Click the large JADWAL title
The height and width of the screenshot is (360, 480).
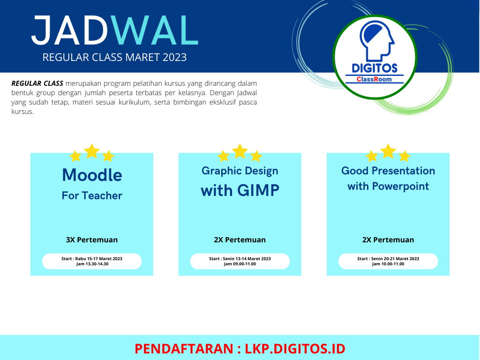click(115, 30)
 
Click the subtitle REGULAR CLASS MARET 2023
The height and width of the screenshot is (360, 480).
click(114, 57)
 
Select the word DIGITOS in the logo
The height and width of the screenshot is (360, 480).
click(375, 68)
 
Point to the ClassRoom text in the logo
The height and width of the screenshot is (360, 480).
click(374, 79)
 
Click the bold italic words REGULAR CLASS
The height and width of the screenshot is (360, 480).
click(37, 83)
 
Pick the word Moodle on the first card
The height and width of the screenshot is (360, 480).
click(92, 175)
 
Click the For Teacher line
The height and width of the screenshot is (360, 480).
click(92, 195)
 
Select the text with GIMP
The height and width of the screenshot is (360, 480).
click(240, 190)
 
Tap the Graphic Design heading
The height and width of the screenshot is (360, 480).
click(240, 171)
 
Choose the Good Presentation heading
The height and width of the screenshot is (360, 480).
click(388, 171)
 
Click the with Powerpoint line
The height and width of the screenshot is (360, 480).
click(388, 186)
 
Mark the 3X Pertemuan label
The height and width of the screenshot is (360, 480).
click(92, 240)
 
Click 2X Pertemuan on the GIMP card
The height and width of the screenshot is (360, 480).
click(240, 240)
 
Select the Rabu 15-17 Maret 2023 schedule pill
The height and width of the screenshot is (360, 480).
click(92, 261)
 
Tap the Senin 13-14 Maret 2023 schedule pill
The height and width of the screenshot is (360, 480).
click(240, 261)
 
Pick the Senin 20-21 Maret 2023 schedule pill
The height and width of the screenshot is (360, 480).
click(388, 261)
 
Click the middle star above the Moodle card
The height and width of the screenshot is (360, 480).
click(92, 151)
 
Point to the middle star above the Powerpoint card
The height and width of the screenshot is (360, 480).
click(388, 151)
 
